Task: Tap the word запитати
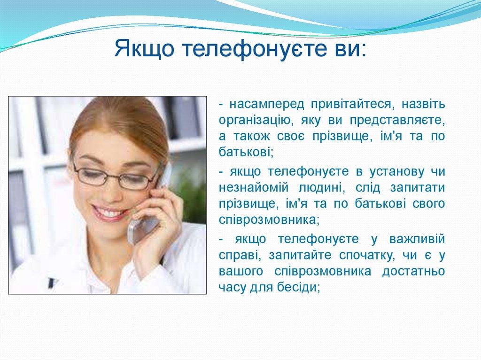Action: [418, 187]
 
